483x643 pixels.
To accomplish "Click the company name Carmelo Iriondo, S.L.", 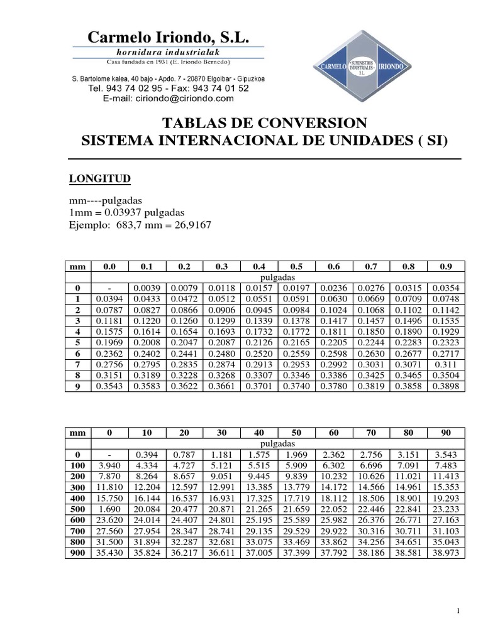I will coord(169,38).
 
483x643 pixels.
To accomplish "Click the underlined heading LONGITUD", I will coord(99,180).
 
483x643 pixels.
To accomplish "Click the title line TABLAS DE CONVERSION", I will coord(264,122).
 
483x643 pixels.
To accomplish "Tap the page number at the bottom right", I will coord(460,611).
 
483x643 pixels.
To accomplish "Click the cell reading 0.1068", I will coord(371,310).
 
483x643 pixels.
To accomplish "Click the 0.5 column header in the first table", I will coord(296,267).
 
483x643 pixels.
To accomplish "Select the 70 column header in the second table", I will coord(371,433).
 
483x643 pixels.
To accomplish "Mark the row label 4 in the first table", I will coord(79,332).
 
